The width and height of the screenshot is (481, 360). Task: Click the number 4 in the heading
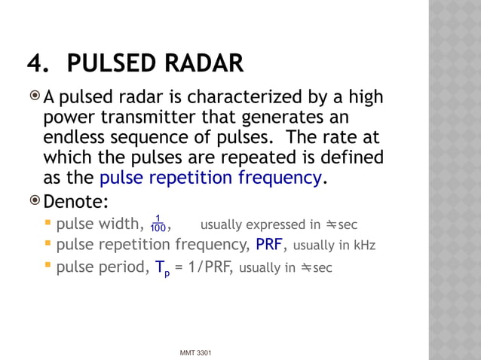point(35,64)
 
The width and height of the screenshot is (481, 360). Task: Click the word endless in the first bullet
point(74,138)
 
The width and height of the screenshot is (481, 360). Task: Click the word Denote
point(76,202)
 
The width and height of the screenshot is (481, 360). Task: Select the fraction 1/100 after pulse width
point(158,224)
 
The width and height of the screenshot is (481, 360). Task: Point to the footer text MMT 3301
point(196,352)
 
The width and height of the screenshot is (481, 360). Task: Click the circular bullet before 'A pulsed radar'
point(35,97)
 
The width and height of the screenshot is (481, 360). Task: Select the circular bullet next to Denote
point(35,201)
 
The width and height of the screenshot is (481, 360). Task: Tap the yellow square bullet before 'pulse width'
point(48,223)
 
